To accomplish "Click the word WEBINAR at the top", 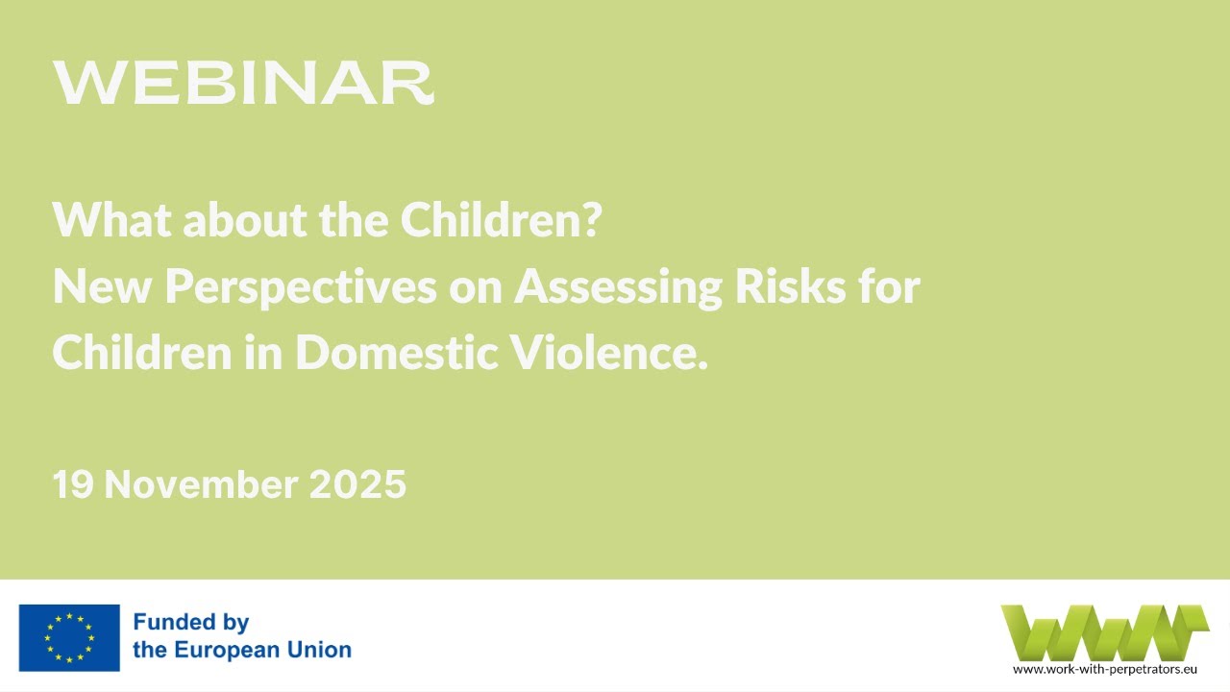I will [x=243, y=84].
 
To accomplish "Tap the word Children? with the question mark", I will [x=501, y=222].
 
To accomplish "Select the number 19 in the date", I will [x=72, y=485].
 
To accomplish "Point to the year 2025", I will [x=357, y=485].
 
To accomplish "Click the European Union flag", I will [x=69, y=637].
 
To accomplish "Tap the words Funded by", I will [x=191, y=622].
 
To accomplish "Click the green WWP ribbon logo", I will [x=1103, y=632].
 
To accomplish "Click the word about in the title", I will [x=243, y=222].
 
